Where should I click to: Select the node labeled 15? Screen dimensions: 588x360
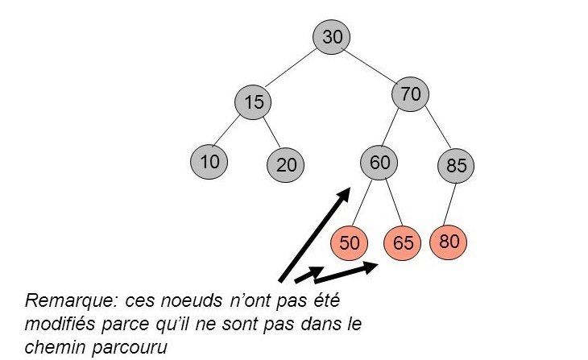click(254, 102)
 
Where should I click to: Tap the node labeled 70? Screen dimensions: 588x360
click(410, 95)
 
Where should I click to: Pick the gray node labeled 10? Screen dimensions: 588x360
click(209, 161)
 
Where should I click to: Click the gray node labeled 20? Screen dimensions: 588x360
click(286, 165)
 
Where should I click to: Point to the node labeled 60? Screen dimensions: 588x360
click(379, 162)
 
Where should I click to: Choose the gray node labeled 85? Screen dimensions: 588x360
click(457, 166)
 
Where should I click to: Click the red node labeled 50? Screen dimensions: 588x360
click(350, 242)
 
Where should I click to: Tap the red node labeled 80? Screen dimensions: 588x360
click(449, 241)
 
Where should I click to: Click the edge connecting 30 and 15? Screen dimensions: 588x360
click(293, 70)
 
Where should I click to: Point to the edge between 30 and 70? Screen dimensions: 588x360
click(371, 66)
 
